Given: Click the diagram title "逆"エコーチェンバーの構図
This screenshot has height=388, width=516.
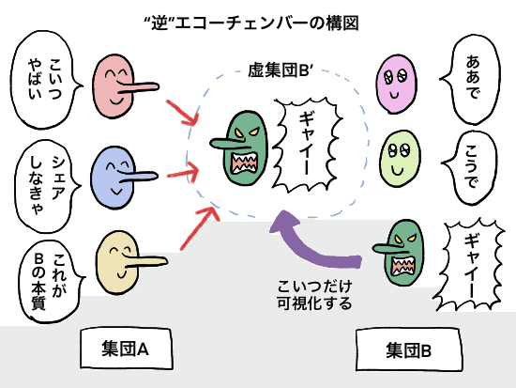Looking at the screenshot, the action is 251,23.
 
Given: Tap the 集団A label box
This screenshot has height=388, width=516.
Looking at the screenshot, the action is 126,349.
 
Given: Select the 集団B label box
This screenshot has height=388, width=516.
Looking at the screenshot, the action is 408,350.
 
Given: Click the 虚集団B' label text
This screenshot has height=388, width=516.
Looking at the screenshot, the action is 281,70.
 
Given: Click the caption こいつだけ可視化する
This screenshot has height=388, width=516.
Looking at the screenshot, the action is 314,294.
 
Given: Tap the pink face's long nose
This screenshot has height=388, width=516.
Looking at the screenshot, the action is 138,87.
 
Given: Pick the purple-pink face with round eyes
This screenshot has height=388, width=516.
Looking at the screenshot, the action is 397,84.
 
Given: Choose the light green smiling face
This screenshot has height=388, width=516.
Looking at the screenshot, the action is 401,159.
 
